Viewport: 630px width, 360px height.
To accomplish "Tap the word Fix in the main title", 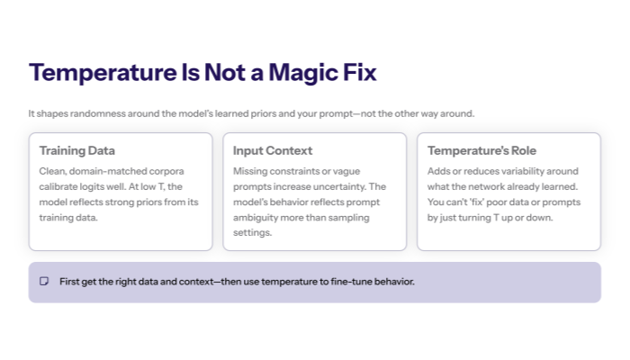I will [x=355, y=73].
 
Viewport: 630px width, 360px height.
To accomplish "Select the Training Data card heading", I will [x=77, y=150].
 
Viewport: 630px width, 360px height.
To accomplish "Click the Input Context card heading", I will [x=273, y=150].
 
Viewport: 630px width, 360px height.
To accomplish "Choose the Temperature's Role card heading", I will [x=481, y=150].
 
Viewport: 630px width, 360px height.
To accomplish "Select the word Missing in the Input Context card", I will [x=250, y=171].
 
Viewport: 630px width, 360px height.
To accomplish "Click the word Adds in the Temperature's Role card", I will [x=439, y=171].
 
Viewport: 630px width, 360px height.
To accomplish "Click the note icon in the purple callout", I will [x=44, y=282].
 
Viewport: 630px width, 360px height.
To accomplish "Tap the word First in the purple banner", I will [x=69, y=282].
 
